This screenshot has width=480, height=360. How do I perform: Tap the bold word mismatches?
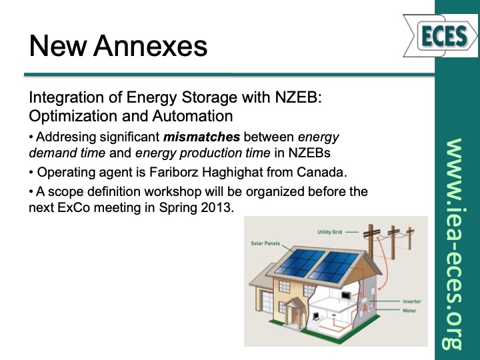tap(205, 137)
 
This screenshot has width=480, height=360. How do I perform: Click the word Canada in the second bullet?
tap(325, 172)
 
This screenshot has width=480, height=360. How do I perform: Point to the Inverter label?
tap(411, 301)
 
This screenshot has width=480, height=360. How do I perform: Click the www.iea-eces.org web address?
tap(455, 243)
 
